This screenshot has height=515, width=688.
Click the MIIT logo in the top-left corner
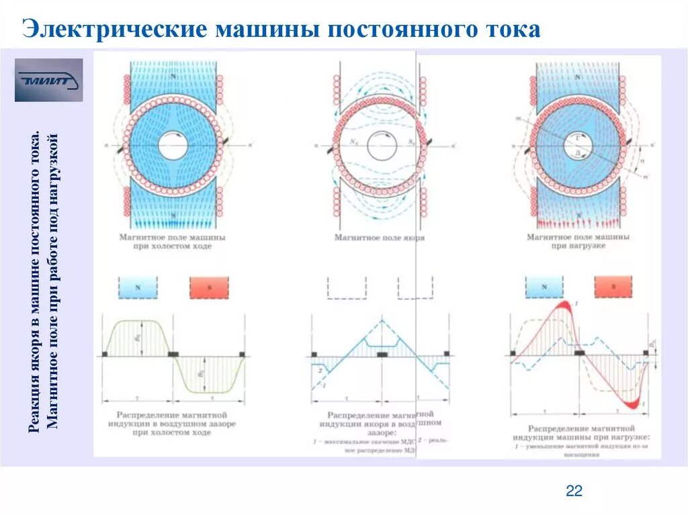click(48, 80)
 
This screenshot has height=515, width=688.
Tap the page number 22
click(574, 491)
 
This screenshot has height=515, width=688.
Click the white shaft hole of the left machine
click(173, 145)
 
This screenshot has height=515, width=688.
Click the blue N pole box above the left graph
click(139, 287)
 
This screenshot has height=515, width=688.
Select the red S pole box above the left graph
click(208, 287)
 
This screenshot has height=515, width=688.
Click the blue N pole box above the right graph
click(544, 287)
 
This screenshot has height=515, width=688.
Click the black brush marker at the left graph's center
click(173, 353)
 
